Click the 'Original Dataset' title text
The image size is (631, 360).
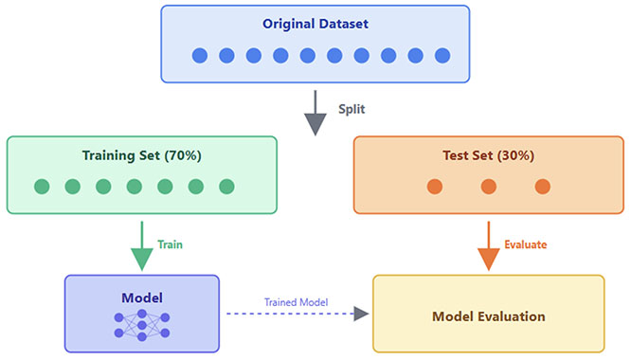coord(315,24)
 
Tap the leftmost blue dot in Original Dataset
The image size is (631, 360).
coord(200,56)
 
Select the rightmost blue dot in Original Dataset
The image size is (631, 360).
coord(442,56)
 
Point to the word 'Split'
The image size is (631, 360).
coord(352,109)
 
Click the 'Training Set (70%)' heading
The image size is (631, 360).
coord(142,155)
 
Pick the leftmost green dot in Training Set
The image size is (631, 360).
coord(42,187)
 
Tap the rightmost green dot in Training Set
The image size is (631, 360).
coord(226,187)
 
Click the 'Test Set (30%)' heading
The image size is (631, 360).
coord(489,155)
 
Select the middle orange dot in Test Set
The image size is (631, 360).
coord(489,187)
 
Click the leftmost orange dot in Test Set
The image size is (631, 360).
coord(435,187)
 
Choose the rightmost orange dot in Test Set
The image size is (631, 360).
coord(543,187)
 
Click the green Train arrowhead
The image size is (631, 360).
coord(142,260)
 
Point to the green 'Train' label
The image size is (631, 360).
coord(170,244)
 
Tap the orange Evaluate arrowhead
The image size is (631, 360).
coord(489,260)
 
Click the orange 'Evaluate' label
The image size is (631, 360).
coord(526,244)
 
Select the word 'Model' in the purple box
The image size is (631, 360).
coord(142,297)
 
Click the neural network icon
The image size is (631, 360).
coord(142,325)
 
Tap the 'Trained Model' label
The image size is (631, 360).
coord(296,302)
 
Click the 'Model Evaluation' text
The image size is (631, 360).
coord(489,316)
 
